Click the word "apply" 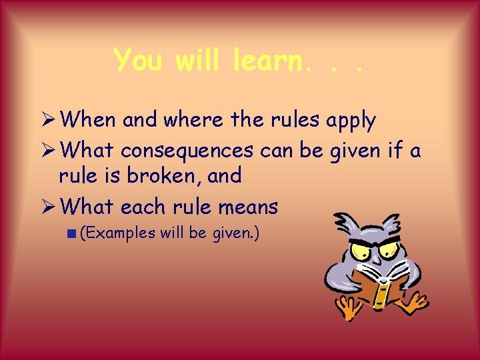[351, 120]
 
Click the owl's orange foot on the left [347, 308]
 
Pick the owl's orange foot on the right [414, 303]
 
